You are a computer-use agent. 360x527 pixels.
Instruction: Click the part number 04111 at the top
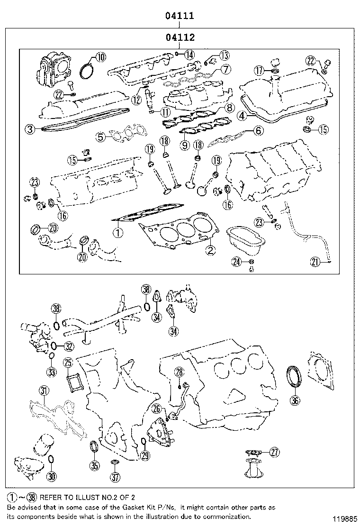tap(180, 16)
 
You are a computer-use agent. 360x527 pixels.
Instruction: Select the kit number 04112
tap(180, 37)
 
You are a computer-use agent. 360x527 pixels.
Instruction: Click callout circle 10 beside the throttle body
tap(100, 58)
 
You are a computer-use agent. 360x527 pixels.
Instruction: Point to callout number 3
tap(30, 128)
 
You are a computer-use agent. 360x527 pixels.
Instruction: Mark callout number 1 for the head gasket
tap(117, 233)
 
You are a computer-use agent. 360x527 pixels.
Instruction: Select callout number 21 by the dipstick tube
tap(315, 260)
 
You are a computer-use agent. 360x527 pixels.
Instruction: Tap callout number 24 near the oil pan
tap(237, 261)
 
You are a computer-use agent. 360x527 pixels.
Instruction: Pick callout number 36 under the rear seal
tap(295, 401)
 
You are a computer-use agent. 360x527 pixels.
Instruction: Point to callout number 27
tap(274, 452)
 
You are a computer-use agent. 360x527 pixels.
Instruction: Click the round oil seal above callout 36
tap(295, 377)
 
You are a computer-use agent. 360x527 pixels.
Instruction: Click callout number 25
tap(68, 363)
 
